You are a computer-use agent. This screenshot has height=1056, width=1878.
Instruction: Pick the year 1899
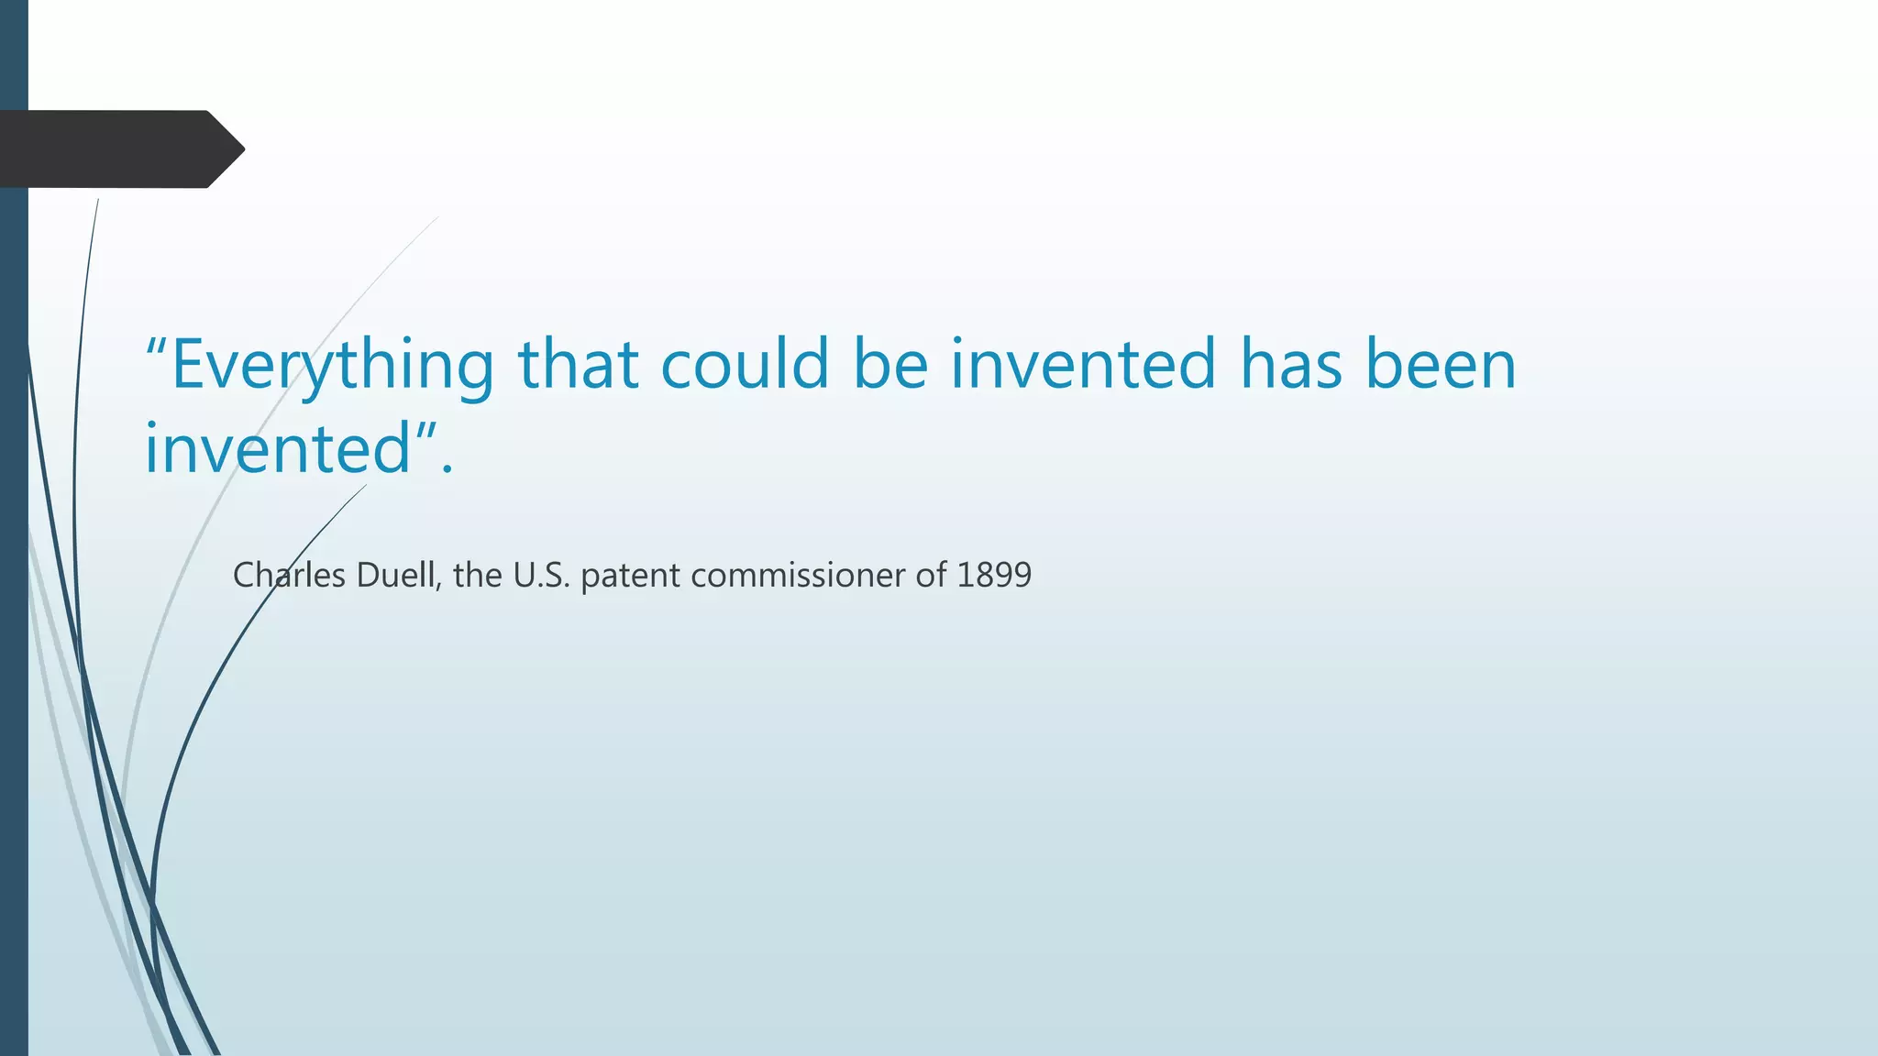tap(994, 576)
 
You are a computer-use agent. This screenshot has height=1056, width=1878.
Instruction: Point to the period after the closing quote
tap(447, 469)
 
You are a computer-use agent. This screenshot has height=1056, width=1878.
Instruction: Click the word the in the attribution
tap(478, 576)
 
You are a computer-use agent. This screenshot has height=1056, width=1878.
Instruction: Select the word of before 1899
tap(931, 576)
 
